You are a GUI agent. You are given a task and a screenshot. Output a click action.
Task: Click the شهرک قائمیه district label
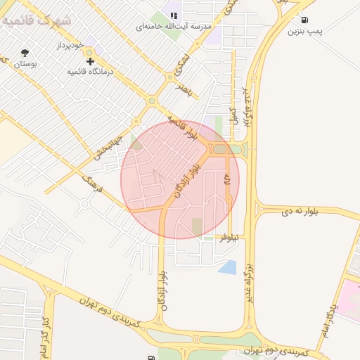click(x=37, y=20)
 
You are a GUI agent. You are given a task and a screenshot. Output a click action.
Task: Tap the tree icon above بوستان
click(x=25, y=53)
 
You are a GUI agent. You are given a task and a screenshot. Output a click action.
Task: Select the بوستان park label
click(x=25, y=64)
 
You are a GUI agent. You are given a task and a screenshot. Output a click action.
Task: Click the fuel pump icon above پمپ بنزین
click(x=303, y=20)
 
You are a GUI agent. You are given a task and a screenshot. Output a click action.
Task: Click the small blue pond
click(x=227, y=267)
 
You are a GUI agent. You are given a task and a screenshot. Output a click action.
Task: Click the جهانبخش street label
click(x=110, y=149)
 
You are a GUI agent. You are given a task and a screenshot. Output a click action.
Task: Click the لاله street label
click(x=226, y=180)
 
